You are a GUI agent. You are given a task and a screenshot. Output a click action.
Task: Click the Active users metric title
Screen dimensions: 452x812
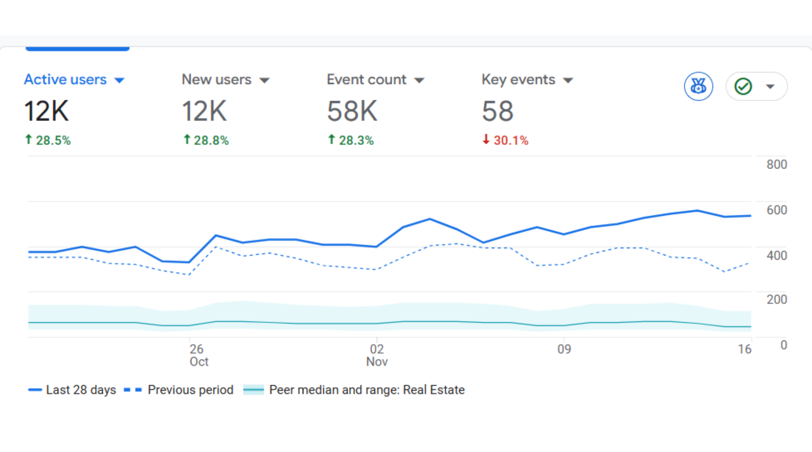click(x=65, y=79)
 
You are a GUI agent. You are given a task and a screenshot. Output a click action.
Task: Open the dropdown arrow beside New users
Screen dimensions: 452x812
click(x=264, y=80)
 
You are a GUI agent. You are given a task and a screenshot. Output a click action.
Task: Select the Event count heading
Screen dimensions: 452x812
click(x=366, y=79)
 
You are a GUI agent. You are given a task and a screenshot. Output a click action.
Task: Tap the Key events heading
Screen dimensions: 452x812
click(x=518, y=79)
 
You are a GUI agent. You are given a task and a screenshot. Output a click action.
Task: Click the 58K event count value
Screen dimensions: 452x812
click(x=352, y=111)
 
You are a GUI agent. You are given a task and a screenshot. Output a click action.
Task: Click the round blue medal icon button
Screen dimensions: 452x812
click(x=698, y=87)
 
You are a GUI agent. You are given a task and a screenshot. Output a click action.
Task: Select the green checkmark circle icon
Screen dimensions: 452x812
click(x=743, y=87)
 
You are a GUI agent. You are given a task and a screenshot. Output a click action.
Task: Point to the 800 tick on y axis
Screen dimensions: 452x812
click(x=776, y=164)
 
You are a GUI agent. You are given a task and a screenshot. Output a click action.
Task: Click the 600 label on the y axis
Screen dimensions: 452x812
click(x=776, y=210)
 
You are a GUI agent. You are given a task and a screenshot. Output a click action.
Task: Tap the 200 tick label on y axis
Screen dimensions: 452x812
click(x=776, y=300)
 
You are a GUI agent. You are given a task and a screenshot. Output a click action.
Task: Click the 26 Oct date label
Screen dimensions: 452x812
click(x=198, y=355)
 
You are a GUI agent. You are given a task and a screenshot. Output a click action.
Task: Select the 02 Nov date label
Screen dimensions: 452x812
click(x=376, y=355)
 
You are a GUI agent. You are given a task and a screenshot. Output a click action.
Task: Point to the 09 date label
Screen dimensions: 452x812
click(x=564, y=349)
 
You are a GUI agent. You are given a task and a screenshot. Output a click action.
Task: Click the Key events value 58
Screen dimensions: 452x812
click(x=497, y=111)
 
